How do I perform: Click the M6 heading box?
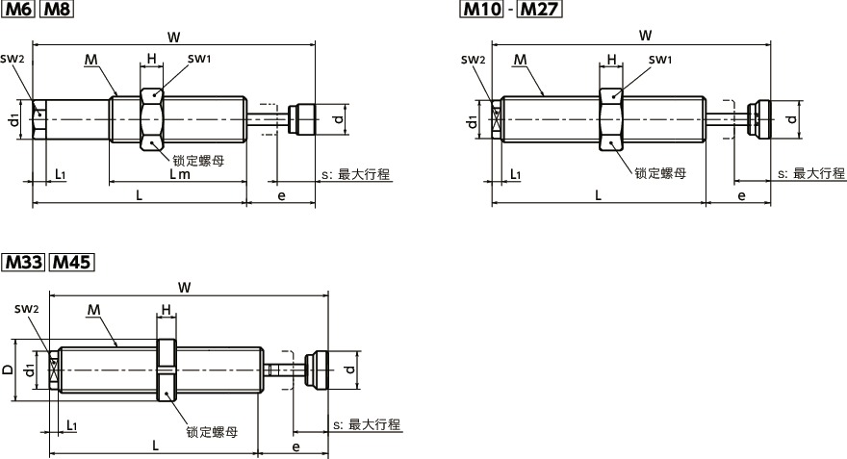pyautogui.click(x=22, y=11)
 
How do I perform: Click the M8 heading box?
pyautogui.click(x=59, y=11)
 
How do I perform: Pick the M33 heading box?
pyautogui.click(x=25, y=262)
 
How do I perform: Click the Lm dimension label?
pyautogui.click(x=179, y=173)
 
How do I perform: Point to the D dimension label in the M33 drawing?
pyautogui.click(x=8, y=370)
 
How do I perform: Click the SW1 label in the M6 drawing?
pyautogui.click(x=199, y=59)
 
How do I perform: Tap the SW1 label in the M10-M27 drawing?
pyautogui.click(x=659, y=60)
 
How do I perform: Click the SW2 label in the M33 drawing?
pyautogui.click(x=27, y=309)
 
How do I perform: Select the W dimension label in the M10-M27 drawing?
pyautogui.click(x=645, y=36)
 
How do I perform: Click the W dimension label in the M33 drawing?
pyautogui.click(x=184, y=286)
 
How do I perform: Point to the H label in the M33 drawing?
pyautogui.click(x=166, y=309)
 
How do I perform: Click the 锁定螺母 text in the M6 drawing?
pyautogui.click(x=198, y=160)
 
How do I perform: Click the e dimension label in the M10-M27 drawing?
pyautogui.click(x=741, y=195)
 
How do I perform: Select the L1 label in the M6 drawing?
pyautogui.click(x=60, y=174)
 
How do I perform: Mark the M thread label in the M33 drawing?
pyautogui.click(x=93, y=310)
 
